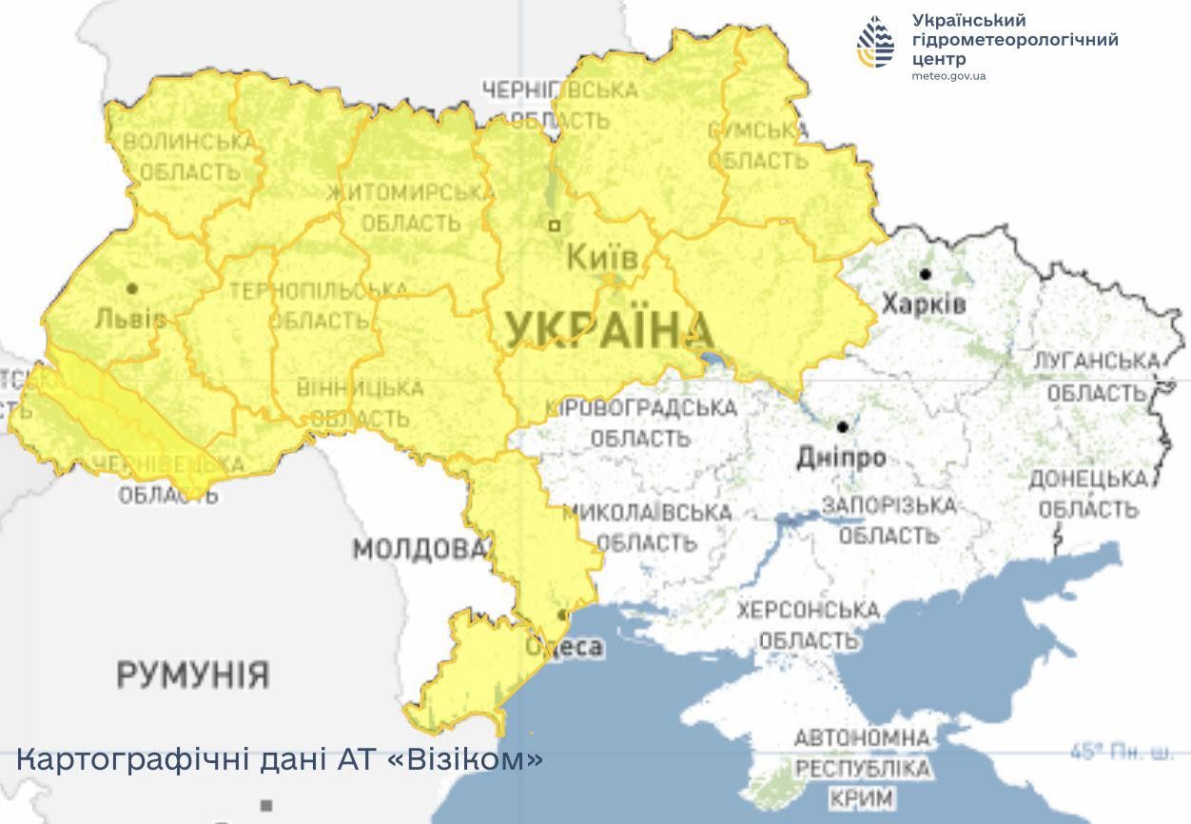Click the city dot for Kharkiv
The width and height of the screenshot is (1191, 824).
tap(925, 274)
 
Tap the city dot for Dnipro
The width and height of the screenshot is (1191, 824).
tap(842, 427)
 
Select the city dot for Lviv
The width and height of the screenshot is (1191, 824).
tap(132, 287)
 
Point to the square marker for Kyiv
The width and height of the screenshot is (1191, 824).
tap(555, 226)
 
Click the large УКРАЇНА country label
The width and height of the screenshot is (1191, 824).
tap(609, 331)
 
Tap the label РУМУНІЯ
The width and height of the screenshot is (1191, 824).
tap(193, 676)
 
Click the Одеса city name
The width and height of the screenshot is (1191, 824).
tap(565, 648)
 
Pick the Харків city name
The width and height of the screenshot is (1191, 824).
tap(923, 304)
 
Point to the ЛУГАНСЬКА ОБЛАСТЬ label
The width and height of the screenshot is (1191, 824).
tap(1096, 377)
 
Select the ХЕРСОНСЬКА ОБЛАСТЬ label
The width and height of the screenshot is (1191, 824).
tap(808, 624)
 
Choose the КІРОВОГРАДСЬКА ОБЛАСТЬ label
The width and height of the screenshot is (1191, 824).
tap(641, 423)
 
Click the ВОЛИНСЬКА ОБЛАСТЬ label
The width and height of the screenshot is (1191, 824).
tap(189, 157)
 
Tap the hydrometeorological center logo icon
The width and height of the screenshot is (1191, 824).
tap(876, 42)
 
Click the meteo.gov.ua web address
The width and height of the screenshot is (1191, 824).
tap(948, 76)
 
